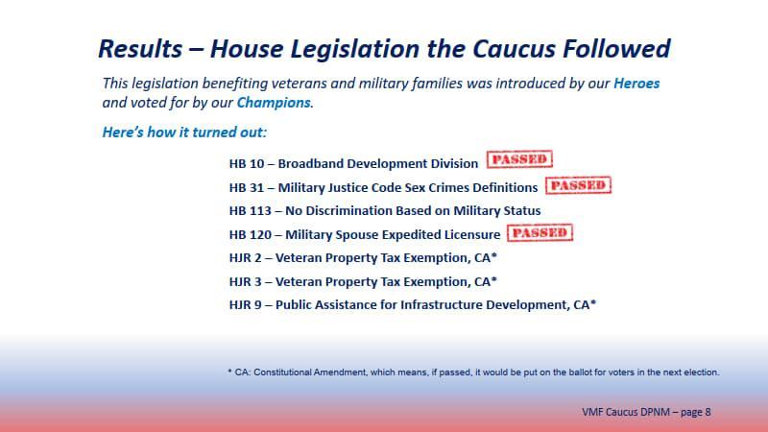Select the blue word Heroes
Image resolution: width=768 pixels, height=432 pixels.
(x=636, y=84)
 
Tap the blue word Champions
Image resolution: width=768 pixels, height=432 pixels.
(x=274, y=103)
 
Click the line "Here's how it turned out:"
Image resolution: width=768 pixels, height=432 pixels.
(x=184, y=132)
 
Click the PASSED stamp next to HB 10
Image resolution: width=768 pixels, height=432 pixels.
(x=519, y=160)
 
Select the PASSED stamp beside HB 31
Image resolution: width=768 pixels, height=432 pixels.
(x=578, y=184)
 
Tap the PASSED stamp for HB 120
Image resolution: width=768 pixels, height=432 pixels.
(x=540, y=232)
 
